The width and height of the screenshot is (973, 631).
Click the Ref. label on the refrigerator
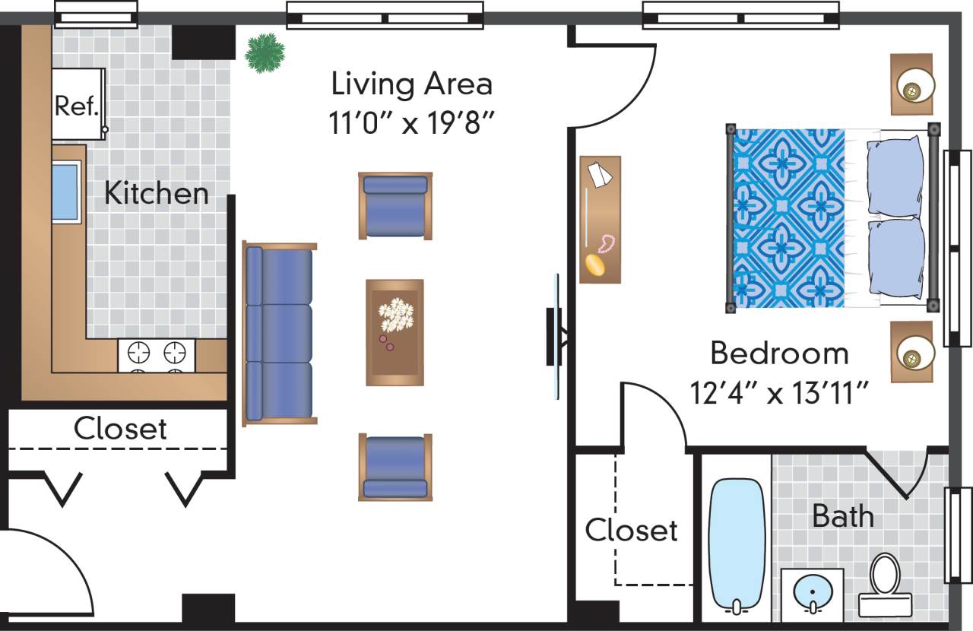point(77,106)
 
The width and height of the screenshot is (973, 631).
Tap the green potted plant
point(265,52)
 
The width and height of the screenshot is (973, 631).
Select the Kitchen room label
point(156,193)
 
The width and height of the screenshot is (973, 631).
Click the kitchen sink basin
point(65,192)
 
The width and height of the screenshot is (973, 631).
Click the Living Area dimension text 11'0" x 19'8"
point(411,122)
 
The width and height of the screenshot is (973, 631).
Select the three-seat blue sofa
point(279,334)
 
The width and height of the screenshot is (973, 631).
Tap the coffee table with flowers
point(395,331)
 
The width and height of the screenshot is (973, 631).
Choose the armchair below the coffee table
point(395,467)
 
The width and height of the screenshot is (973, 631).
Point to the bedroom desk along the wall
point(600,220)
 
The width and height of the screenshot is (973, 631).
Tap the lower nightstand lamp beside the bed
point(911,354)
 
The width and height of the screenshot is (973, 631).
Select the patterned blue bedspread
point(789,219)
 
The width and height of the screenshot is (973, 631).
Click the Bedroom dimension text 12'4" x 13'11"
point(779,394)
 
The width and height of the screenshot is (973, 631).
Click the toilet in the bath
point(885,584)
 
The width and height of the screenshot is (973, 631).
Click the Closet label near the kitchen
point(120,429)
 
